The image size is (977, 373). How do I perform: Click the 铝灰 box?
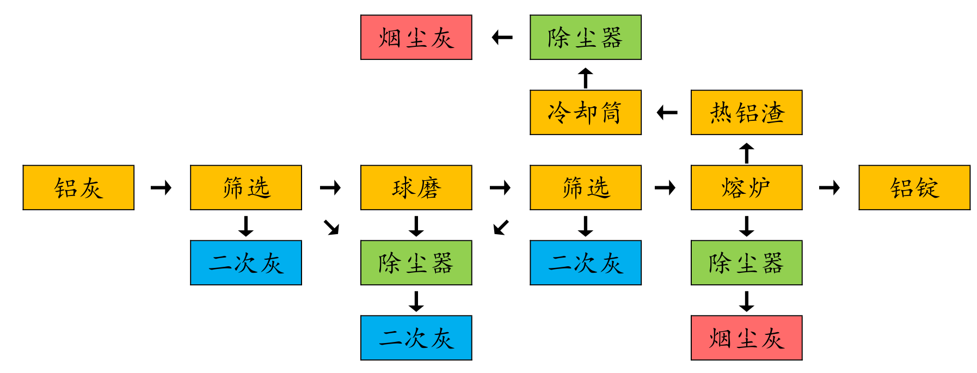[x=78, y=187]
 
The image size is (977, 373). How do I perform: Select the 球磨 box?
[x=416, y=187]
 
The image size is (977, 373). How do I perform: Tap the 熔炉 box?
[x=747, y=187]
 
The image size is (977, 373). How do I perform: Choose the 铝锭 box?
[x=914, y=187]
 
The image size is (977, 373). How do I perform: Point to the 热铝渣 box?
[x=747, y=112]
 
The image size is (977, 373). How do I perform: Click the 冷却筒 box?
[x=586, y=112]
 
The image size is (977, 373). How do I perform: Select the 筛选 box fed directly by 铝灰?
[x=246, y=187]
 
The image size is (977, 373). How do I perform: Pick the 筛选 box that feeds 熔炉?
[x=586, y=187]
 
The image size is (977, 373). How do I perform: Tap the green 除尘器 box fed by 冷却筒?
[x=586, y=37]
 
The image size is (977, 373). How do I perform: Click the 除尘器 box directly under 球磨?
[x=416, y=262]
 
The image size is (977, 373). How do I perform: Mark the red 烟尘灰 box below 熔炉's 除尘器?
[x=747, y=338]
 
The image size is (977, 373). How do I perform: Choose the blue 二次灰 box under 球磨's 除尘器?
[x=416, y=338]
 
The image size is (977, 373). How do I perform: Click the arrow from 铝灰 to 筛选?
[x=161, y=188]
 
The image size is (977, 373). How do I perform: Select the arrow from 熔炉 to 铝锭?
[x=829, y=188]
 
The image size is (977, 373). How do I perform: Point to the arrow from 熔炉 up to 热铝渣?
[x=747, y=153]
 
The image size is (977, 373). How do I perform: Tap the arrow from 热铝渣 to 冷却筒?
[x=667, y=113]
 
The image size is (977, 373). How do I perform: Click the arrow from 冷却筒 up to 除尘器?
[x=586, y=78]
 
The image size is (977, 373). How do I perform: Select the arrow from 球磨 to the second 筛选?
[x=500, y=188]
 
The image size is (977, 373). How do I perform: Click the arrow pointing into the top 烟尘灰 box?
[x=502, y=38]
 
